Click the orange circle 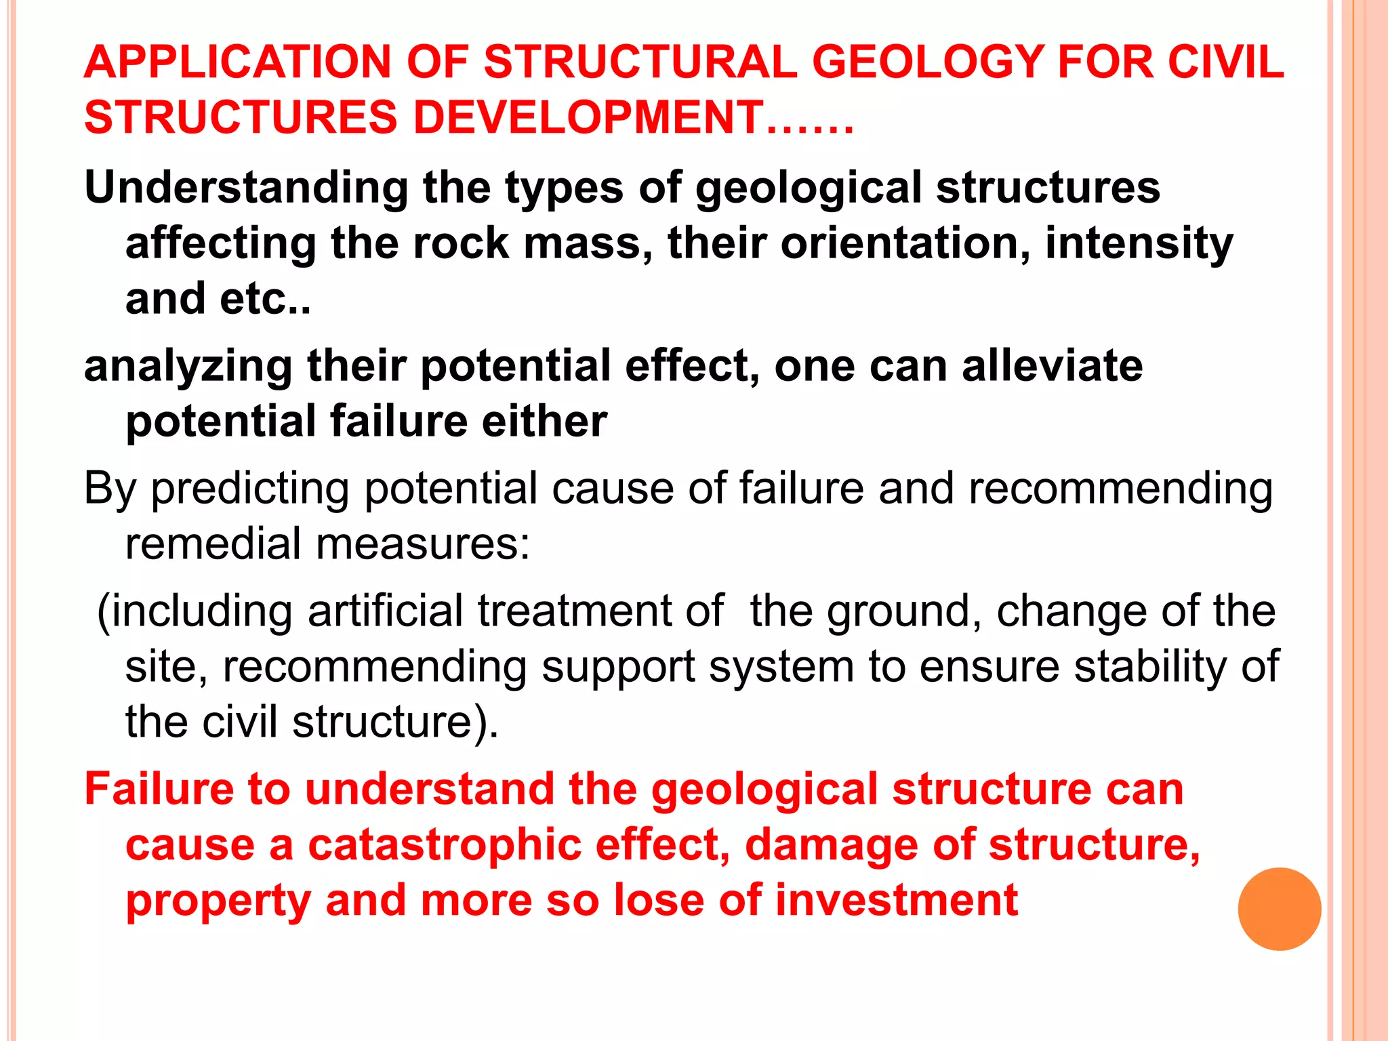pos(1279,909)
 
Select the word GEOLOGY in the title pos(927,62)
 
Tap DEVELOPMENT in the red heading pos(588,117)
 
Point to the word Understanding pos(246,188)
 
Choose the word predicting pos(249,489)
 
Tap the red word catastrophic pos(445,846)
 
